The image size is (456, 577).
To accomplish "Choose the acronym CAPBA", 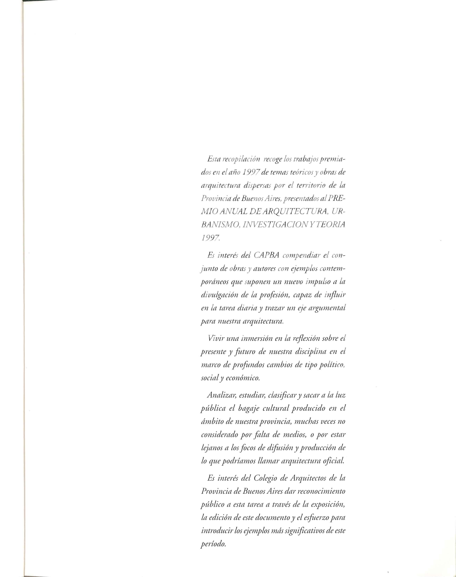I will tap(266, 255).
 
